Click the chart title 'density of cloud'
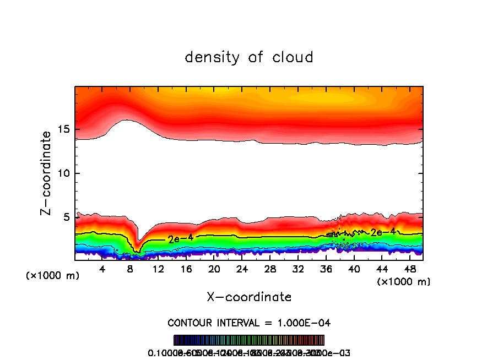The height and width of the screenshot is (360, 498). click(249, 57)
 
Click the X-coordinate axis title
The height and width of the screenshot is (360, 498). click(249, 297)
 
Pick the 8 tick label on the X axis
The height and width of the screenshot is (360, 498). click(131, 269)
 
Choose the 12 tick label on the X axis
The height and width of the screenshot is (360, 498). click(158, 269)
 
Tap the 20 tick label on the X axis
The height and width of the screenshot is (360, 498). click(214, 269)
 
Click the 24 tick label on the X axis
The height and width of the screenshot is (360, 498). click(242, 269)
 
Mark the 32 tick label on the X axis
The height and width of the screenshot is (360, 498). click(298, 269)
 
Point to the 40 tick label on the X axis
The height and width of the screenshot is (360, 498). click(354, 269)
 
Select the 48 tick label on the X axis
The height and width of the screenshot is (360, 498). click(410, 269)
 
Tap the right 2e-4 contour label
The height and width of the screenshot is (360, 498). click(382, 232)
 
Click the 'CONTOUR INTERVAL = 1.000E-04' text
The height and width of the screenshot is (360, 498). click(249, 323)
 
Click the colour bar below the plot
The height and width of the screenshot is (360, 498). click(249, 340)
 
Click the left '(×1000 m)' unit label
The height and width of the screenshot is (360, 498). click(53, 276)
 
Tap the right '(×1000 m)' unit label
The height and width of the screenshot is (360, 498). click(404, 282)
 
